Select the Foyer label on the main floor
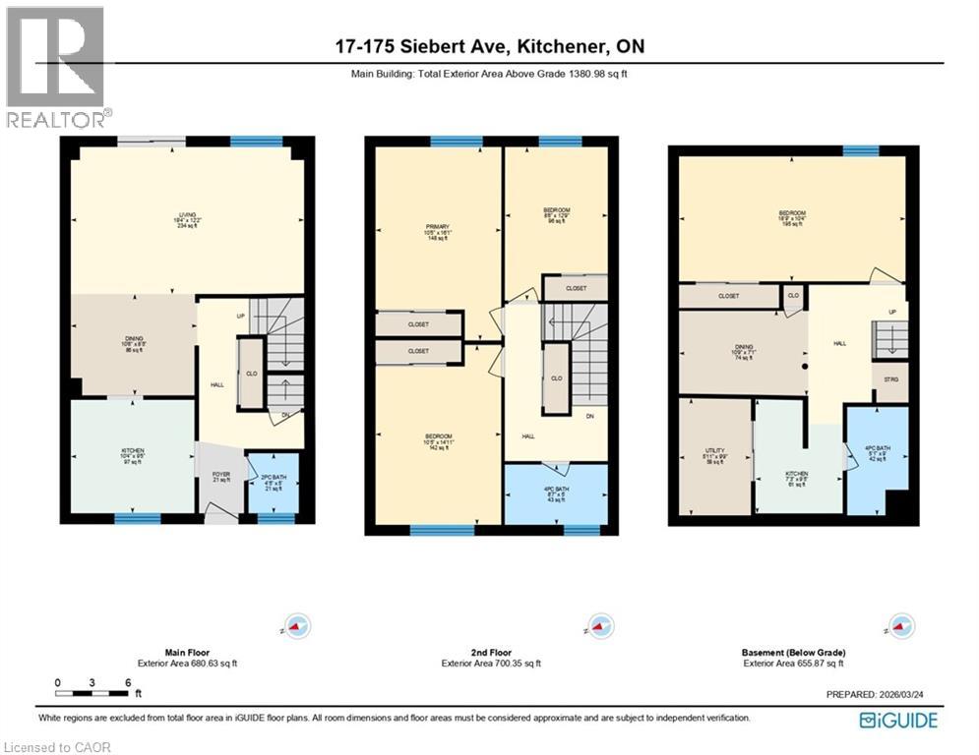point(221,476)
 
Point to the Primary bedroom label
point(438,231)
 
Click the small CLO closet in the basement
point(793,295)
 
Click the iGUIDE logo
point(897,721)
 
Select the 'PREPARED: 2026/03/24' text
point(881,695)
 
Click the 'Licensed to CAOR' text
point(56,747)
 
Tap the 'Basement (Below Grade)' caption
point(792,653)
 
